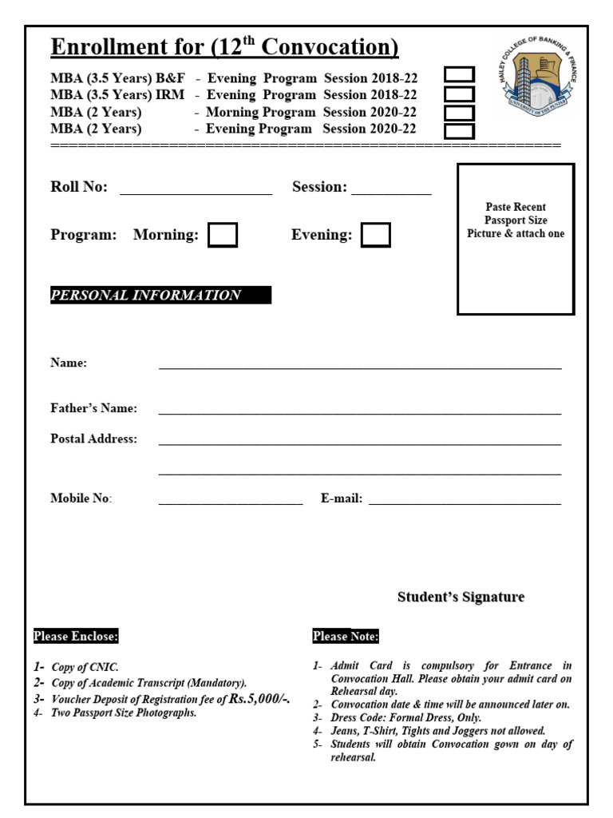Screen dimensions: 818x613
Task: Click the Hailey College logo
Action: (x=540, y=77)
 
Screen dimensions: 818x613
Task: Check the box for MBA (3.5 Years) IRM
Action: (x=460, y=94)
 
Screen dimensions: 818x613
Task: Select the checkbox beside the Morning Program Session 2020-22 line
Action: (x=460, y=113)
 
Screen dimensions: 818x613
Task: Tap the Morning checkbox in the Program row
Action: (x=223, y=235)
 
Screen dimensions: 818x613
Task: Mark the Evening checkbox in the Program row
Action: (x=375, y=235)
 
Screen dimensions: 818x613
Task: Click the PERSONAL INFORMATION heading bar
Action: (x=160, y=296)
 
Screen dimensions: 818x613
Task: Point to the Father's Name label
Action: (x=93, y=408)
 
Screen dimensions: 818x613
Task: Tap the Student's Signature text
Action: (x=461, y=598)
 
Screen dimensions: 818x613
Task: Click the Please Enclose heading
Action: (x=76, y=637)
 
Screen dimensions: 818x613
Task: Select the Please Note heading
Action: (x=346, y=637)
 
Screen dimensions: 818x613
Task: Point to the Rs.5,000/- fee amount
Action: (x=259, y=699)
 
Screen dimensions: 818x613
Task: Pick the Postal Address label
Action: (x=93, y=439)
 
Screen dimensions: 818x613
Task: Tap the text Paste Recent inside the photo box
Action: (x=516, y=207)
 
